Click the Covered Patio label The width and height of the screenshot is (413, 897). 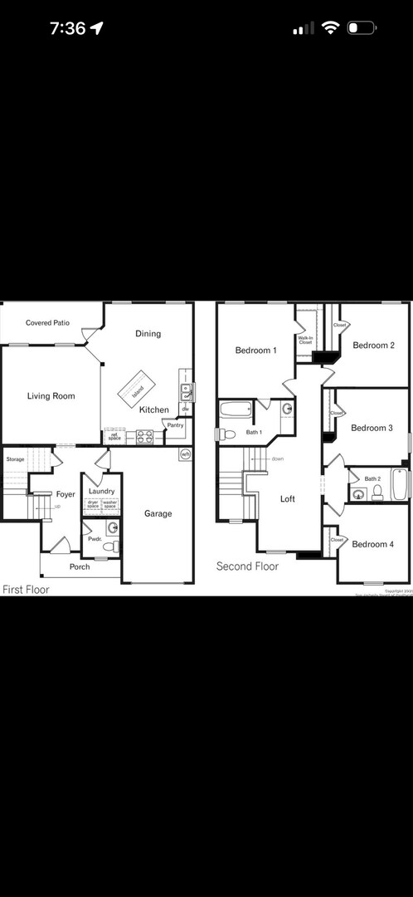click(x=47, y=323)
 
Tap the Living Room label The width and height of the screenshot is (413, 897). click(x=51, y=396)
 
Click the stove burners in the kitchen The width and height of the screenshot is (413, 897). click(x=145, y=437)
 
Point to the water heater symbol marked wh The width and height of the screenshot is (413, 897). click(x=185, y=454)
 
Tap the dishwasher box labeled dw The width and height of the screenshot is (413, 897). click(x=186, y=409)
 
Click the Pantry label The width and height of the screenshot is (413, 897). click(x=175, y=425)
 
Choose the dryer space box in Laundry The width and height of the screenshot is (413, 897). click(x=93, y=504)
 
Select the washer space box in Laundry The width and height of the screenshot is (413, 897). click(x=109, y=504)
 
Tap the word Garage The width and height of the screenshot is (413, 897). click(x=158, y=513)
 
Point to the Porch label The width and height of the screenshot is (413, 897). click(x=80, y=567)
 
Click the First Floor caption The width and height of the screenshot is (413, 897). click(x=26, y=590)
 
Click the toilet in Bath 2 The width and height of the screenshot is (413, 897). click(x=377, y=493)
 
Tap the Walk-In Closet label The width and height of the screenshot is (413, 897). click(x=305, y=341)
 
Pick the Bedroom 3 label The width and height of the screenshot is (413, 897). click(x=372, y=428)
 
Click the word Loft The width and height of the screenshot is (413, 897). click(x=288, y=499)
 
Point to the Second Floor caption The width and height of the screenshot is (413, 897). click(x=247, y=566)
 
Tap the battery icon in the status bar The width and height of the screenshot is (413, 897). click(x=362, y=28)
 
